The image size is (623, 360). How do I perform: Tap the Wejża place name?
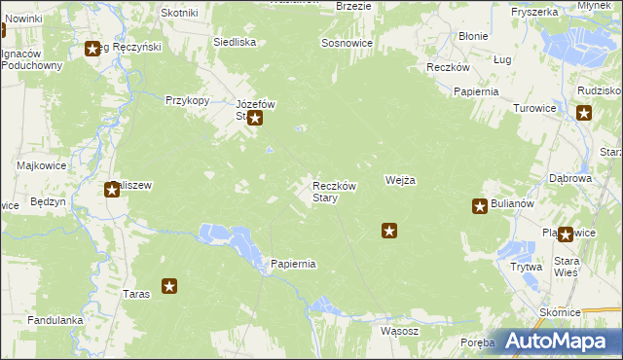pos(400,181)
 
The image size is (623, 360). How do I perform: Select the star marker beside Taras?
pos(169,286)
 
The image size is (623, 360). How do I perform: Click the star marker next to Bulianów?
pos(480,205)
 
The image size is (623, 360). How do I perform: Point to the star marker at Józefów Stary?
pos(255,120)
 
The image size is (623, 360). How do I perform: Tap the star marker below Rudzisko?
pos(584,113)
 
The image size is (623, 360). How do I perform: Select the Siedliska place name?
pos(235,43)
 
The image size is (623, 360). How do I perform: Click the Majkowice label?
pos(40,165)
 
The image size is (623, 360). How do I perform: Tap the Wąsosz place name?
pos(400,331)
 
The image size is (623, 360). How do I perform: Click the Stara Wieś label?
pos(567,266)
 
